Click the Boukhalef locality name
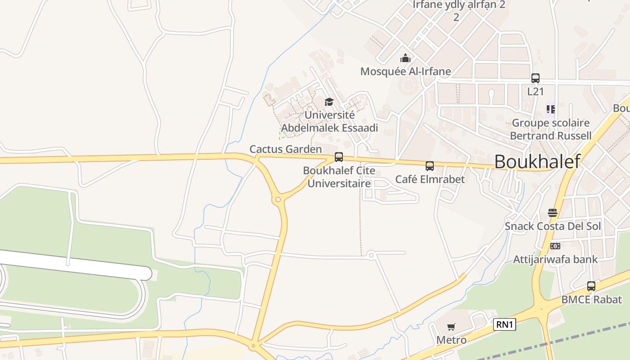tap(537, 162)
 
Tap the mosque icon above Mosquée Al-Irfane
tap(405, 58)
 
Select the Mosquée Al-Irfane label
tap(405, 72)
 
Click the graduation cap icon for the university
tap(329, 102)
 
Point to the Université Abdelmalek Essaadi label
tap(329, 121)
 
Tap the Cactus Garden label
tap(286, 149)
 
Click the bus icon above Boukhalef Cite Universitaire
tap(339, 157)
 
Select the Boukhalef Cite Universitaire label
tap(339, 177)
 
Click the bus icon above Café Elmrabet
tap(430, 166)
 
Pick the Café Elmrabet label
tap(430, 179)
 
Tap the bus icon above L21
tap(535, 78)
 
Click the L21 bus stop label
tap(535, 91)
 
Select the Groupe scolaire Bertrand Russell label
tap(551, 129)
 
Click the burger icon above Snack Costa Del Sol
tap(553, 213)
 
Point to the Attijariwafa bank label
tap(555, 259)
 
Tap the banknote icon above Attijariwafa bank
tap(555, 246)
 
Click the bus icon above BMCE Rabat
tap(591, 286)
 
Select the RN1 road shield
tap(504, 324)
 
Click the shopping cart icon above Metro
tap(451, 327)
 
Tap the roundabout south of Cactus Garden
tap(278, 199)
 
